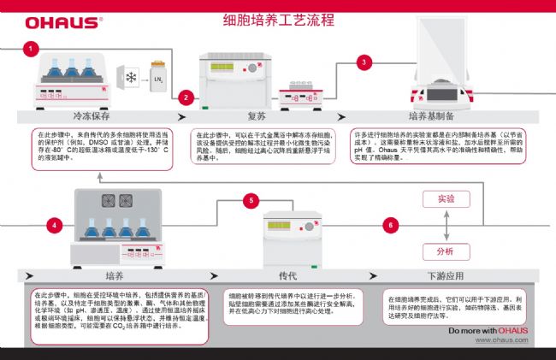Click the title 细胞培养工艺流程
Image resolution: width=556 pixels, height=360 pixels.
(x=278, y=20)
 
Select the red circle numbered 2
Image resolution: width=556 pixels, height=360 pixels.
(x=187, y=97)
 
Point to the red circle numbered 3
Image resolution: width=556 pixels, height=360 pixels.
(x=366, y=62)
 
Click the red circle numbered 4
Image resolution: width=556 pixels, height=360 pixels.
(x=56, y=224)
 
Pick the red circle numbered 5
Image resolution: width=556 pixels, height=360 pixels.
(x=251, y=201)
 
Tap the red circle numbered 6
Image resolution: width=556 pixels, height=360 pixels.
(x=392, y=225)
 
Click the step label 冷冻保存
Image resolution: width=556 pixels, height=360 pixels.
(x=94, y=116)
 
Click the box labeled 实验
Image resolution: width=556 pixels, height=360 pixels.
(x=446, y=198)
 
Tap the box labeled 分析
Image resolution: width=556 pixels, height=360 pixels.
(x=446, y=251)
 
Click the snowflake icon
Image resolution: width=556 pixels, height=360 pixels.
(x=131, y=79)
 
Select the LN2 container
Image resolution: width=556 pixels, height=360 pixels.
(x=157, y=77)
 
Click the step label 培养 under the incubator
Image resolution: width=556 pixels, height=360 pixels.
(x=115, y=275)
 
